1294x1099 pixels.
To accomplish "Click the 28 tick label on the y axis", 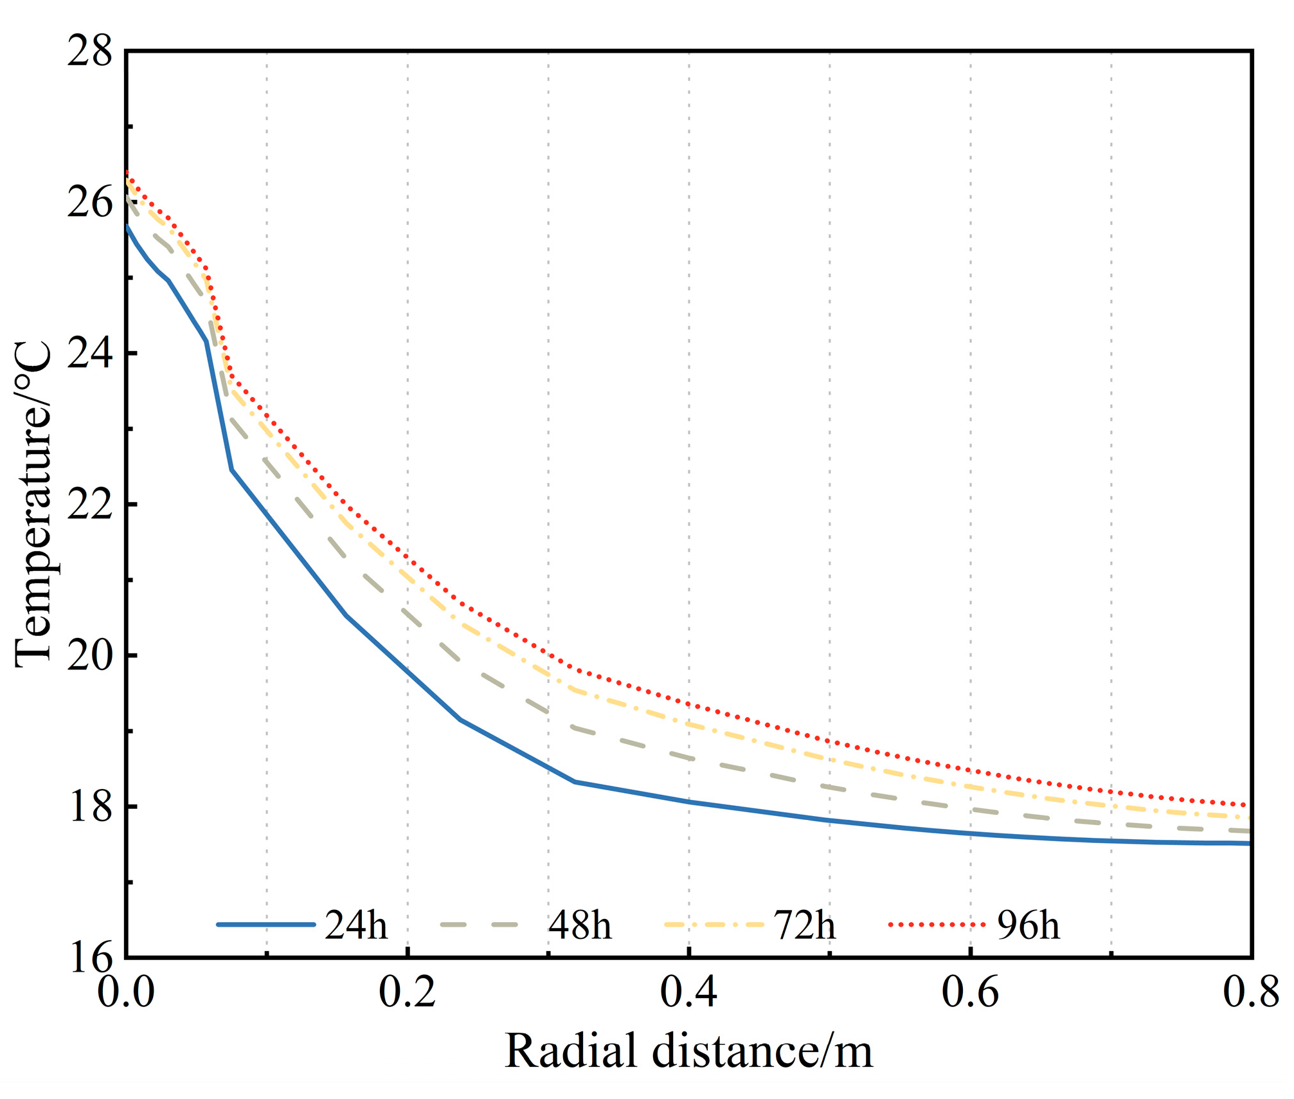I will click(x=89, y=51).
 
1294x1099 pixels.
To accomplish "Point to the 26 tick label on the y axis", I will click(x=89, y=202).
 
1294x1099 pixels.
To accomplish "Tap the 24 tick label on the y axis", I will click(x=89, y=353).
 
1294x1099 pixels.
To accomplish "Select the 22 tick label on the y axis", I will click(x=89, y=504).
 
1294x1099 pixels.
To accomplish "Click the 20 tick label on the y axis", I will click(x=89, y=655).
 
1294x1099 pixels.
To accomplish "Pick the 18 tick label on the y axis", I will click(x=89, y=806).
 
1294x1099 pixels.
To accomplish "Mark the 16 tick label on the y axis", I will click(x=89, y=958).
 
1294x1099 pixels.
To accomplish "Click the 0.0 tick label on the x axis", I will click(x=126, y=992).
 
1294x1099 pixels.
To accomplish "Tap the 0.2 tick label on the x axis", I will click(x=408, y=992).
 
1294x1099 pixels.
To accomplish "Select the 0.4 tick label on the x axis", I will click(x=689, y=992).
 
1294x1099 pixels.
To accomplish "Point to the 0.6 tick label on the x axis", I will click(x=971, y=992).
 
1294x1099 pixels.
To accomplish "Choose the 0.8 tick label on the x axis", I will click(x=1251, y=992).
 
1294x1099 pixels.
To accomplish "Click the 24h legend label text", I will click(x=356, y=925).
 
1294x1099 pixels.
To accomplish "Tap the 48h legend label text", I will click(x=580, y=925).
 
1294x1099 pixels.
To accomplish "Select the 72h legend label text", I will click(x=804, y=925).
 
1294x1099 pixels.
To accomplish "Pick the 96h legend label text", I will click(x=1028, y=925).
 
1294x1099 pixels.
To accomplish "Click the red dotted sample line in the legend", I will click(x=937, y=925).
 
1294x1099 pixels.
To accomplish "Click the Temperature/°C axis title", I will click(x=33, y=505).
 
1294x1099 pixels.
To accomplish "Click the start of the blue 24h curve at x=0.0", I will click(x=127, y=226).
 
